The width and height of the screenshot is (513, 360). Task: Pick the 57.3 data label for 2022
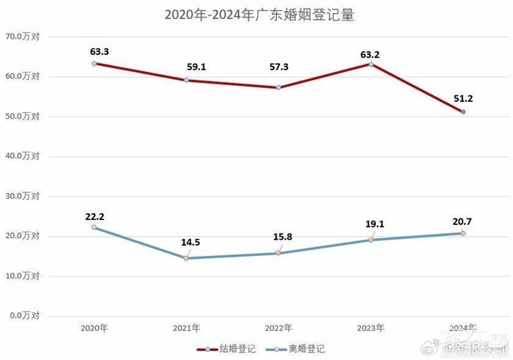pos(279,67)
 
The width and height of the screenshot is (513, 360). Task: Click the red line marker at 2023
pos(371,64)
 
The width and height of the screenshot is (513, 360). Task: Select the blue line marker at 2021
pos(186,258)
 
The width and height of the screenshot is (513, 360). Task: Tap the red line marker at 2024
pos(463,111)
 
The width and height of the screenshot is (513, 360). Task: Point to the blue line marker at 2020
pos(95,227)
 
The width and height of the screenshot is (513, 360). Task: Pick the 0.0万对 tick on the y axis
pos(24,315)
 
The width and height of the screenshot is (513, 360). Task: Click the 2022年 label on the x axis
pos(278,328)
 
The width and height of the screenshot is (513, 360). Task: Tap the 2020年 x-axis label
pos(95,328)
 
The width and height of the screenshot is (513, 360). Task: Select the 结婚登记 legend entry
pos(228,349)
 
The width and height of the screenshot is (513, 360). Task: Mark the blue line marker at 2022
pos(278,253)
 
